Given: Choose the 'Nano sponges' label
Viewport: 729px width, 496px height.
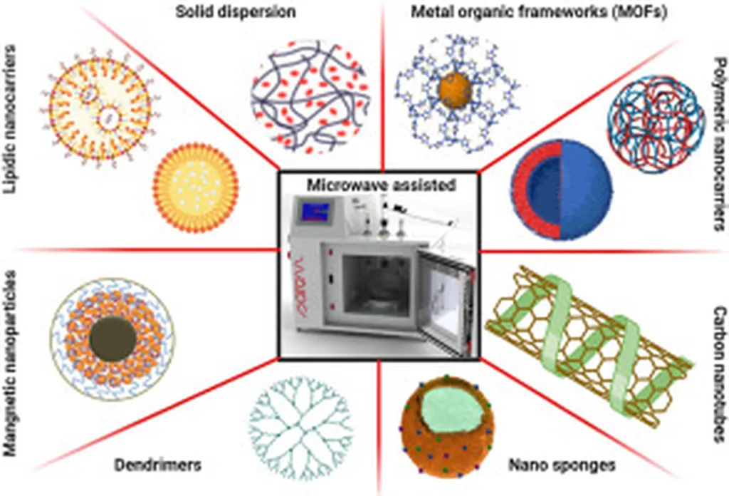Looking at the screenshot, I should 561,466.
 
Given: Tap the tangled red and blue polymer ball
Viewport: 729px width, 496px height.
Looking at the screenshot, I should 646,126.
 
